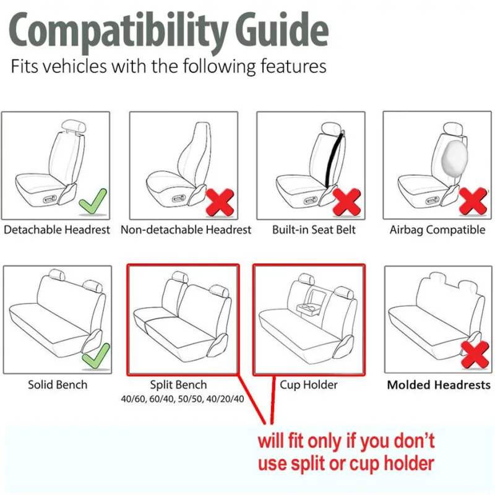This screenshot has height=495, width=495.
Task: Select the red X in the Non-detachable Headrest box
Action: point(220,202)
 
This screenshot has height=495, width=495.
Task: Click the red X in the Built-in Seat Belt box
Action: point(346,202)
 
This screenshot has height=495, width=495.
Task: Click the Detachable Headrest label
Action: point(56,230)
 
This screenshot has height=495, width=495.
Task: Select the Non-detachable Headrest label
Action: point(186,230)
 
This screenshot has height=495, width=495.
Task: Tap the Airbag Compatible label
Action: point(437,230)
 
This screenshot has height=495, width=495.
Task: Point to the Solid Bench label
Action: point(58,385)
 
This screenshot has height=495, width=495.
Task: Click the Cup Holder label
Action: point(309,385)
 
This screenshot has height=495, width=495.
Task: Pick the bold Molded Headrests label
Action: point(438,385)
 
